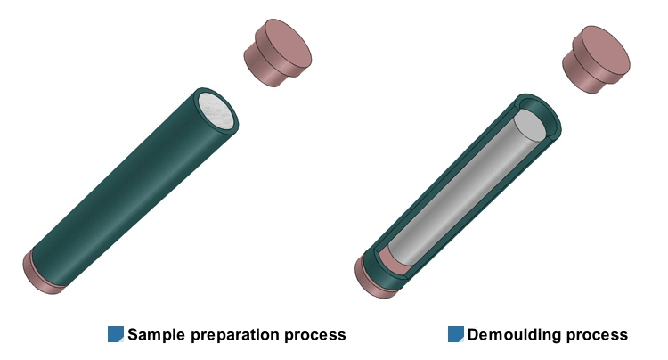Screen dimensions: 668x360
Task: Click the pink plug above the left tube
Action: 277,53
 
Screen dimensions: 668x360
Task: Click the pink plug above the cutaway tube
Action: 596,59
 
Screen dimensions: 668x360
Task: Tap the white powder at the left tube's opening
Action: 216,110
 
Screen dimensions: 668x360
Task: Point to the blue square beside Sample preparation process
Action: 116,334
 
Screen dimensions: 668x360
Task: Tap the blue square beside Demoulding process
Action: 455,334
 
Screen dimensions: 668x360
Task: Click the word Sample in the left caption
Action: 157,334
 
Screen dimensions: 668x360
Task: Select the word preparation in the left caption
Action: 235,336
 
